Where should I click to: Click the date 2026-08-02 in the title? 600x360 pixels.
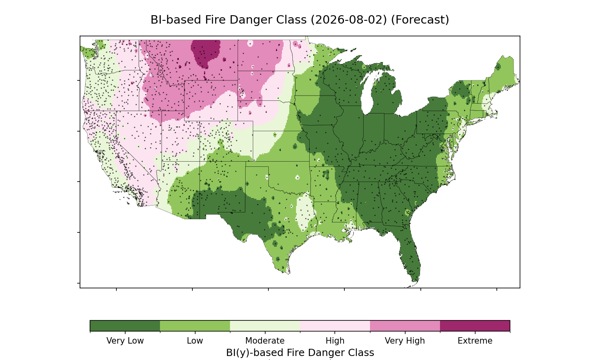click(x=349, y=20)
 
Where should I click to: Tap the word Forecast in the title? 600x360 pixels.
click(x=420, y=20)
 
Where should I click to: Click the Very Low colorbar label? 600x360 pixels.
click(x=125, y=341)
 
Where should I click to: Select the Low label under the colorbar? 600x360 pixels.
click(x=195, y=341)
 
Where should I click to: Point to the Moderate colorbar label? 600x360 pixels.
click(x=265, y=341)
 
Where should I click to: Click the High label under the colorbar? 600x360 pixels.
click(x=335, y=341)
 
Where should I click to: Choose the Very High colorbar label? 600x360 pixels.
click(x=405, y=341)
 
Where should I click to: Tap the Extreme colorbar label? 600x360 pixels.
click(x=475, y=341)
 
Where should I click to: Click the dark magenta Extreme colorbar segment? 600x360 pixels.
click(x=475, y=326)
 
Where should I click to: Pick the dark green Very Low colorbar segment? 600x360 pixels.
click(x=125, y=326)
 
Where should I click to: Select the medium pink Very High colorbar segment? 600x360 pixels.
click(x=405, y=326)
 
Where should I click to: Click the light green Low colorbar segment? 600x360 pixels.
click(x=195, y=326)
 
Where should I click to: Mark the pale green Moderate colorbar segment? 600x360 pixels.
click(x=265, y=326)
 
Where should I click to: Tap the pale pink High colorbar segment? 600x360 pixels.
click(x=335, y=326)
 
